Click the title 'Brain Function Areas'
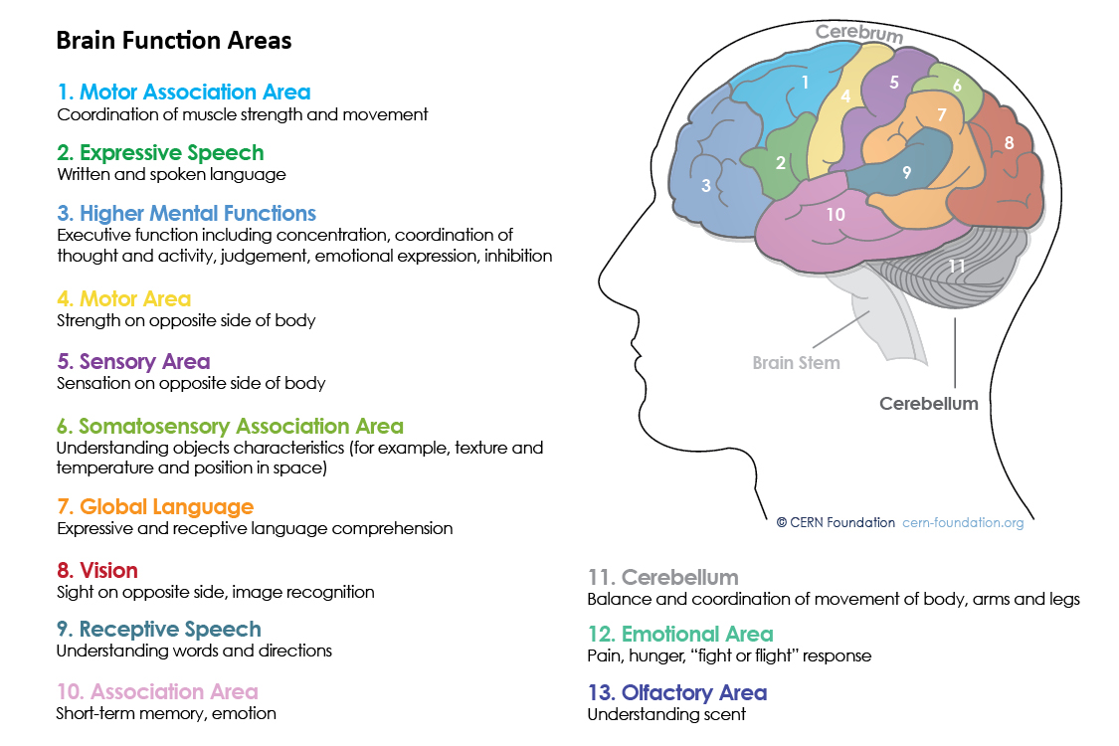tap(174, 41)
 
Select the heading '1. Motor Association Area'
tap(184, 93)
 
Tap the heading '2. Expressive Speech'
tap(161, 153)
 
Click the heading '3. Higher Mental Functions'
tap(187, 214)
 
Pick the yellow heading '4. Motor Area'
tap(124, 299)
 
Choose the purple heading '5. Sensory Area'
tap(133, 361)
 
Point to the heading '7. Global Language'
tap(155, 507)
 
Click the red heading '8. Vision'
tap(97, 571)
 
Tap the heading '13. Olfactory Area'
tap(677, 693)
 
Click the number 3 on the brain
tap(706, 186)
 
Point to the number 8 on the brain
tap(1009, 143)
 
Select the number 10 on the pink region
tap(836, 214)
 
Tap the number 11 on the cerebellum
tap(956, 267)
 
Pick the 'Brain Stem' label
tap(796, 363)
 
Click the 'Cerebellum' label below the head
tap(929, 404)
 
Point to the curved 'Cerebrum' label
tap(859, 33)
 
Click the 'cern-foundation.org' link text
tap(962, 523)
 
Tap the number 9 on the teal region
tap(906, 172)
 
